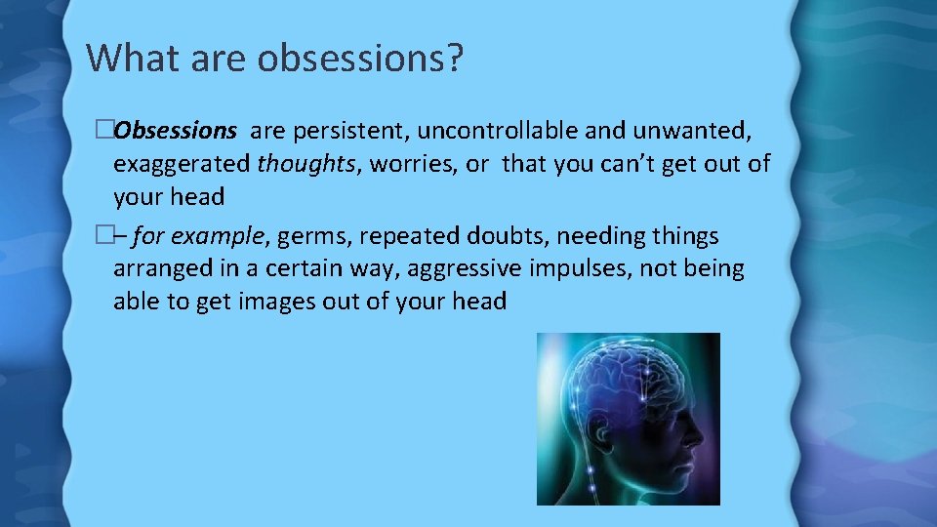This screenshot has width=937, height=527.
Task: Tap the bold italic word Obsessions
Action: [175, 130]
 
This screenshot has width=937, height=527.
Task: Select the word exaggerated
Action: [182, 163]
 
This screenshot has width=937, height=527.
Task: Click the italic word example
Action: [220, 236]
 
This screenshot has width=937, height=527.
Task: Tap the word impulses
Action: [578, 268]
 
